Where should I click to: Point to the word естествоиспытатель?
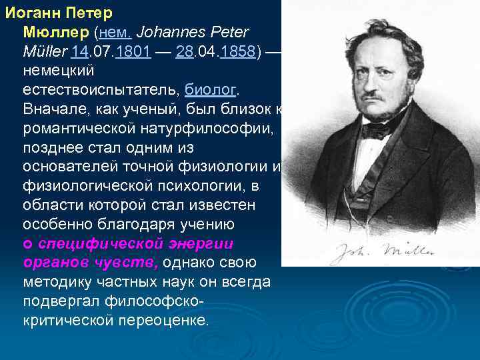100,89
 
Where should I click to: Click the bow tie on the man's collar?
378,129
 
